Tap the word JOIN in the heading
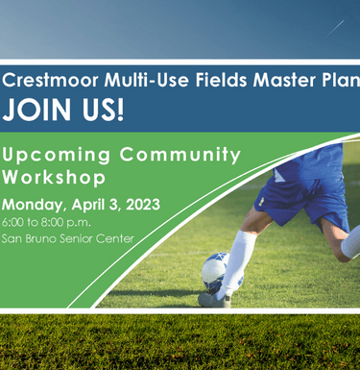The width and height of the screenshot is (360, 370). [38, 110]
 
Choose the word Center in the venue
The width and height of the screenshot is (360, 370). [120, 238]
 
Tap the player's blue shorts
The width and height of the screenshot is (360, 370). [302, 188]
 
